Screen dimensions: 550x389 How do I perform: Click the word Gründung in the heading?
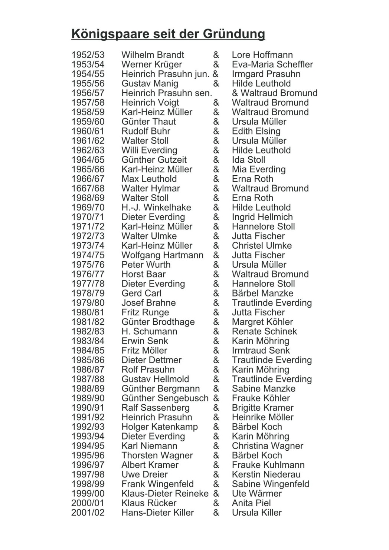point(233,34)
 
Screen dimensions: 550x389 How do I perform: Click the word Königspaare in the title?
point(110,34)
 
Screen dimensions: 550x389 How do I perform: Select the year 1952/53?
point(88,55)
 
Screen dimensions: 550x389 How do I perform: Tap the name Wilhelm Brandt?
point(153,55)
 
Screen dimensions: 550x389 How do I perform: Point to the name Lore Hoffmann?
point(262,55)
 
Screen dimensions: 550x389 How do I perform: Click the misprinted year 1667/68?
point(88,189)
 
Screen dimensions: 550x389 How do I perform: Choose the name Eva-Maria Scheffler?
point(272,64)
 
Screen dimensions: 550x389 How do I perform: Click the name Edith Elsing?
point(256,131)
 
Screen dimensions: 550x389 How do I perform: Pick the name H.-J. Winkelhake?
point(156,208)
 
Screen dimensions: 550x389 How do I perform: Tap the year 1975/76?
point(88,265)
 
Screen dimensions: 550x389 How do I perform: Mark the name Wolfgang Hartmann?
point(162,255)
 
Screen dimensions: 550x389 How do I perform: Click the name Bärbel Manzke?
point(262,294)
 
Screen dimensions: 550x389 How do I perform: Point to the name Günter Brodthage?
point(158,322)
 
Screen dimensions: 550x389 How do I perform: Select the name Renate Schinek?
point(264,332)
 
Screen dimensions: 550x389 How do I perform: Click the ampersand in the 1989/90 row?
point(216,398)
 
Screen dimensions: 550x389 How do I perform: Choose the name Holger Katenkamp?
point(160,427)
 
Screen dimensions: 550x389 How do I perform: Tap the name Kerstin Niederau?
point(266,475)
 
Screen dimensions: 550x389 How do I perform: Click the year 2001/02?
point(88,513)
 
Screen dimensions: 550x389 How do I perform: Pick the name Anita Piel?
point(251,503)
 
